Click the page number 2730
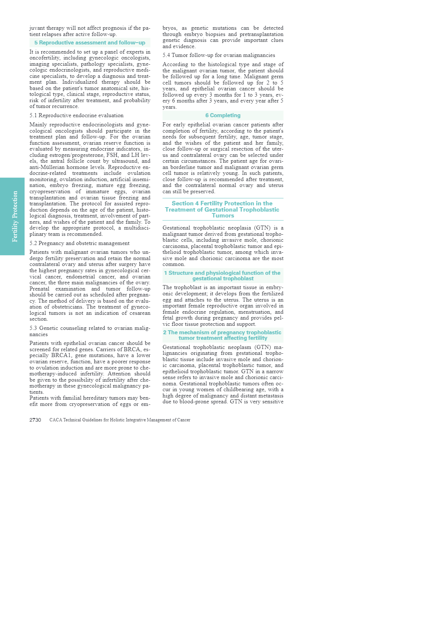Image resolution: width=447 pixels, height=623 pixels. click(35, 420)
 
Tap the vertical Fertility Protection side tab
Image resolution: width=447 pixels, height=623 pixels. click(12, 216)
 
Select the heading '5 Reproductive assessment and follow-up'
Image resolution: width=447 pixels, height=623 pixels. click(90, 43)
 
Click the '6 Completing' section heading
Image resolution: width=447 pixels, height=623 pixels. click(223, 115)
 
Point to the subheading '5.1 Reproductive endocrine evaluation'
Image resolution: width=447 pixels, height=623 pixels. click(76, 115)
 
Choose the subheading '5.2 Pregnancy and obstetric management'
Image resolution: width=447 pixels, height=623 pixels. click(79, 243)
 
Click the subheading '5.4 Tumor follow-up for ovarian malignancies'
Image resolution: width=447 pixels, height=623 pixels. click(219, 55)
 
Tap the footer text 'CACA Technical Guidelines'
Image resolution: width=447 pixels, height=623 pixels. click(120, 420)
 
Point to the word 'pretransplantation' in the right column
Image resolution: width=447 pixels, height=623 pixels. click(261, 34)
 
